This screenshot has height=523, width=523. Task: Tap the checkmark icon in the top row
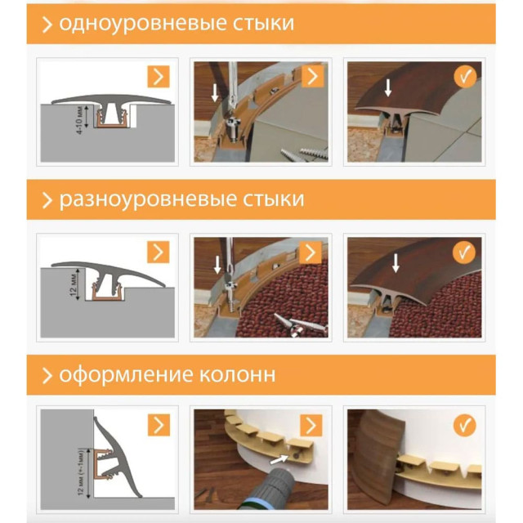tap(464, 78)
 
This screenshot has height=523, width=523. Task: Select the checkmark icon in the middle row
tap(464, 253)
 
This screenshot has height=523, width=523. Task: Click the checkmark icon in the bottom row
tap(464, 426)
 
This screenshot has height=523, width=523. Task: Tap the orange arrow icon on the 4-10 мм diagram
tap(159, 78)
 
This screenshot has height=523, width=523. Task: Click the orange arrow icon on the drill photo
tap(311, 426)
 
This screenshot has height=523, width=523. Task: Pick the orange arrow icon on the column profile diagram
tap(159, 426)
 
